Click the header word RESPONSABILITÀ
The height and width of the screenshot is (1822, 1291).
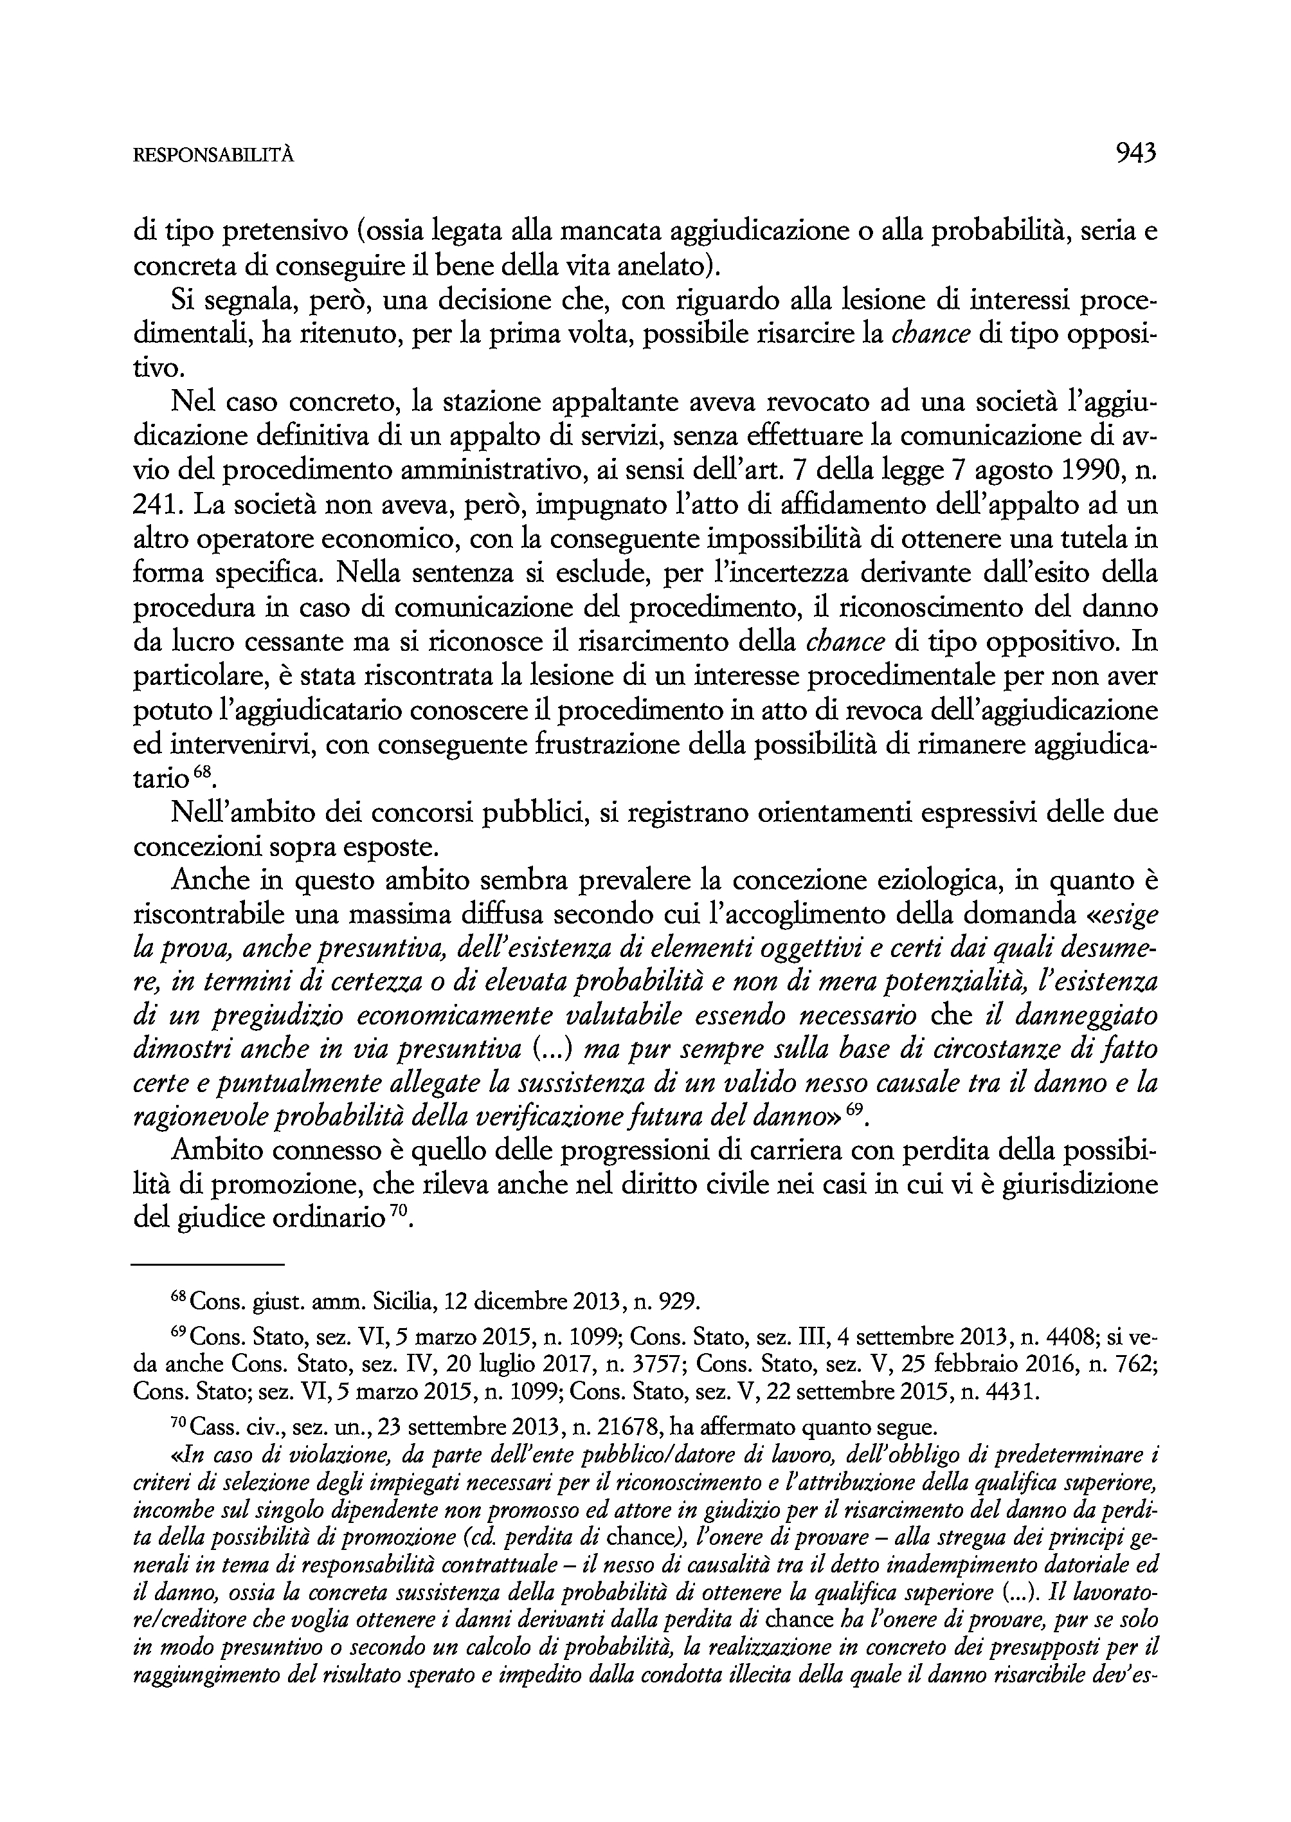point(213,156)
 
